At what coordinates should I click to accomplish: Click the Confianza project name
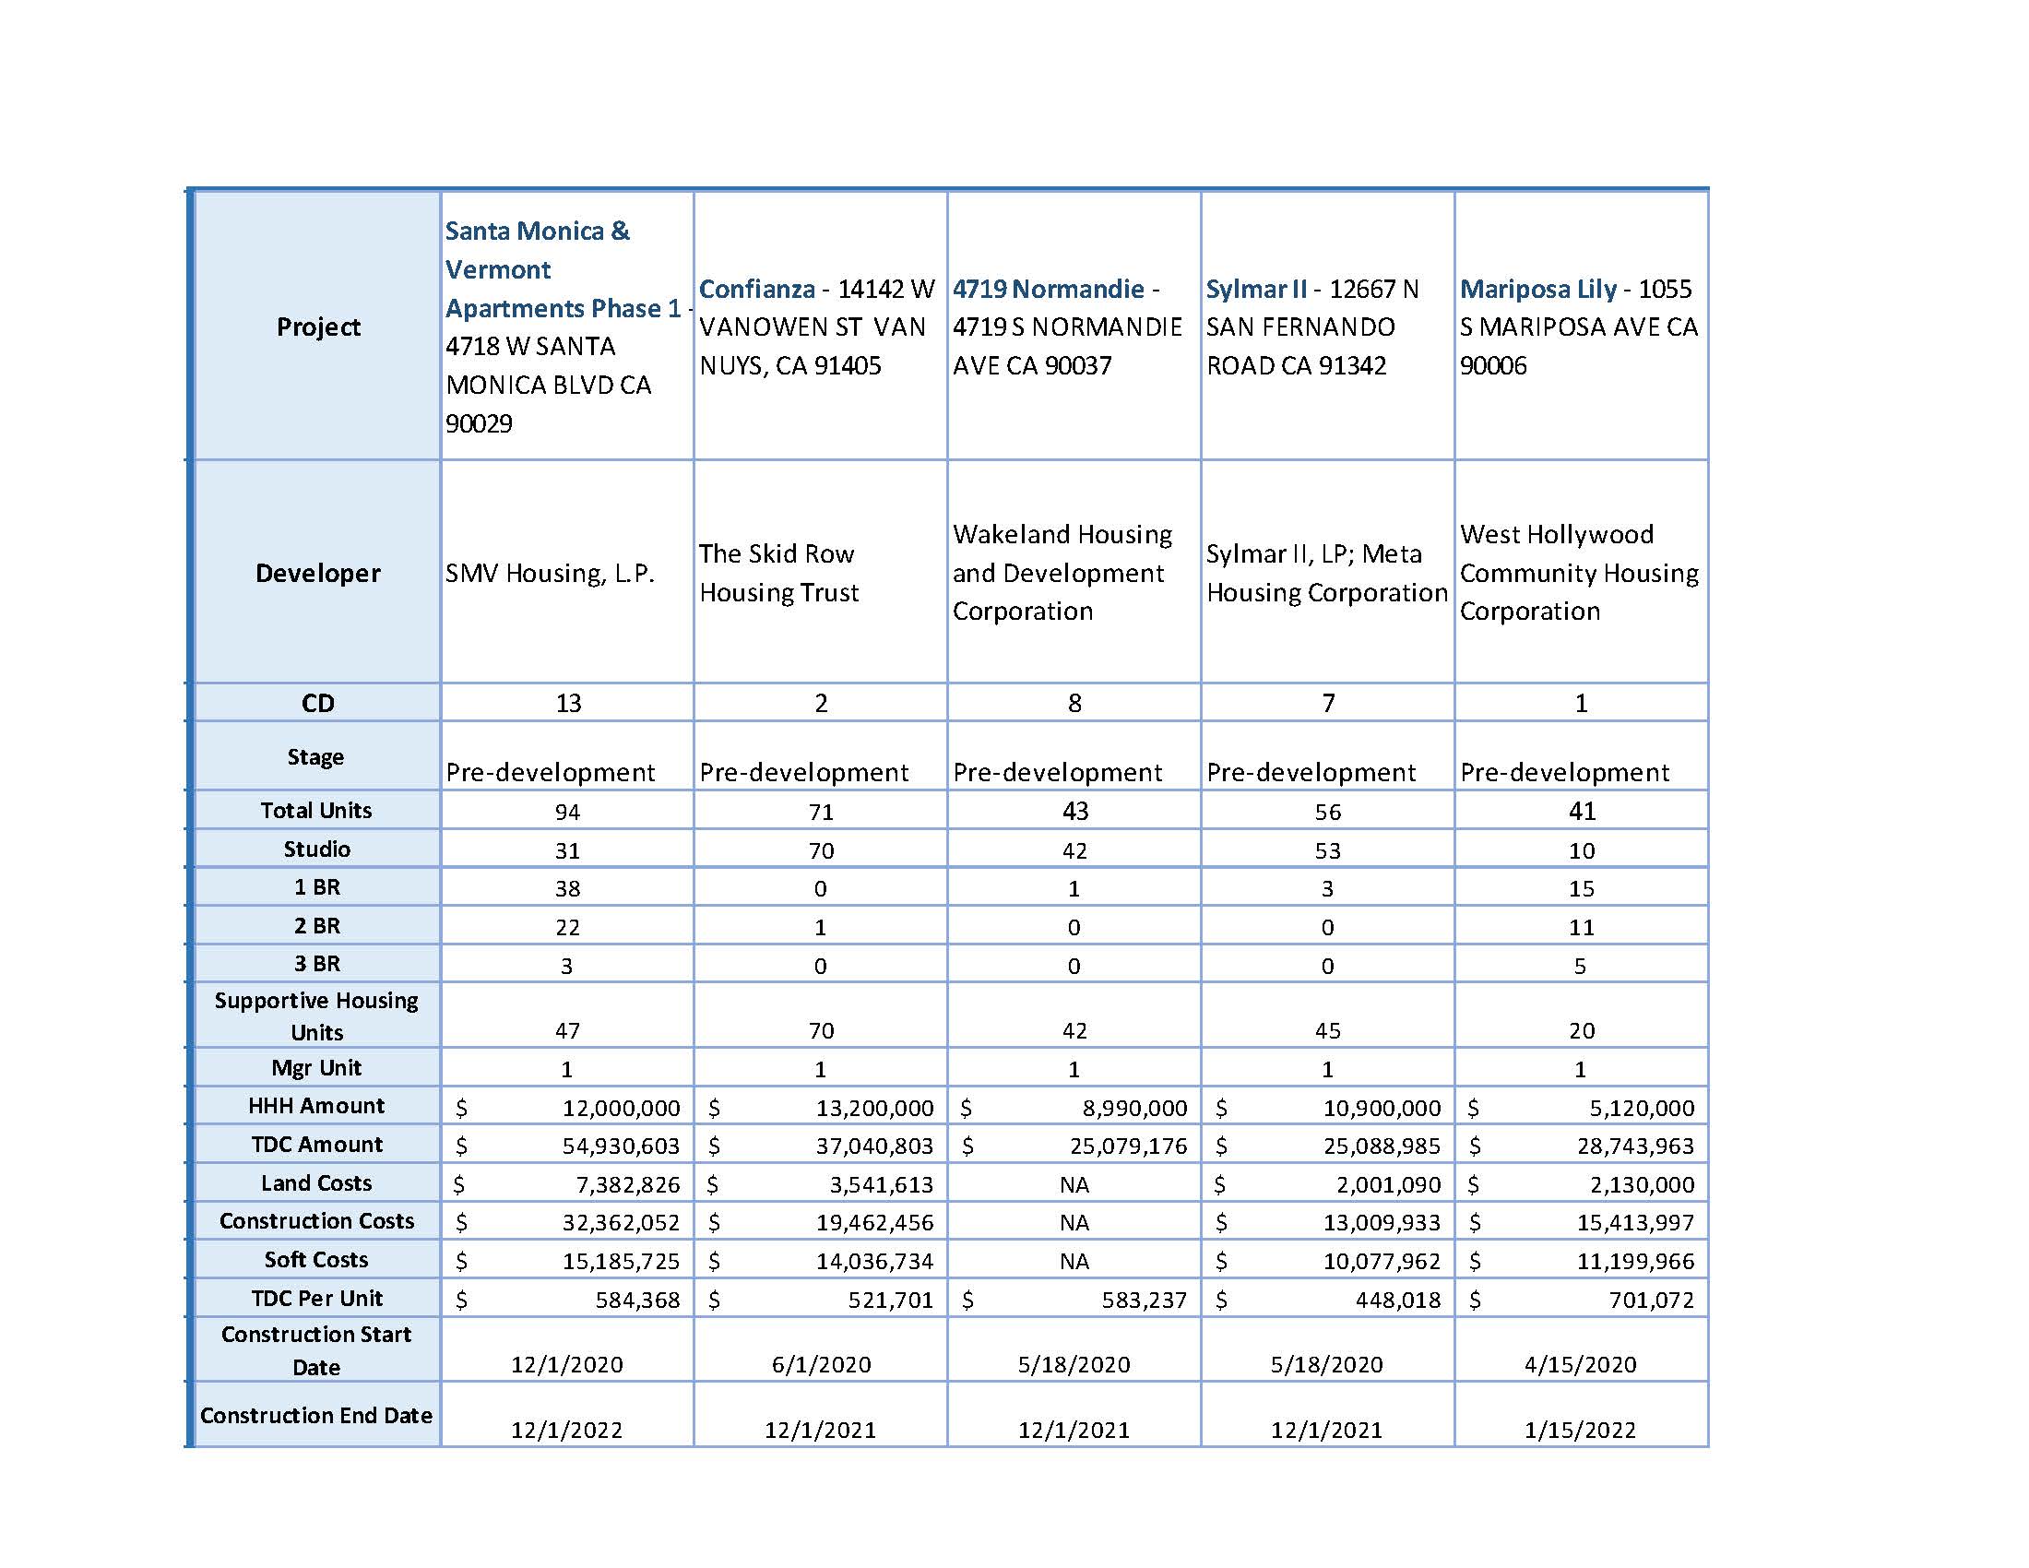click(756, 289)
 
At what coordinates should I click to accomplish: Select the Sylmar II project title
click(1256, 289)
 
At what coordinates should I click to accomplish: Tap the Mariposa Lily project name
click(1537, 289)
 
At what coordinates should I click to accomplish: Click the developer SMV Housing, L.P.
click(550, 573)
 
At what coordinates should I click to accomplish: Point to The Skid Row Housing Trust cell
click(778, 573)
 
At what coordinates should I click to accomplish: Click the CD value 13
click(567, 703)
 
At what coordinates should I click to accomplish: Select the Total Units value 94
click(567, 812)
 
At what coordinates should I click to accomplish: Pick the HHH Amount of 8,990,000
click(1134, 1107)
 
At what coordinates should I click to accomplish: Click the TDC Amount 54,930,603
click(621, 1146)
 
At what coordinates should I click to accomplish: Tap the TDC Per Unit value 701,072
click(1651, 1300)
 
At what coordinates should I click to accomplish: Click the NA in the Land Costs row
click(1074, 1184)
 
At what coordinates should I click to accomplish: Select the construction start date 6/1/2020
click(821, 1364)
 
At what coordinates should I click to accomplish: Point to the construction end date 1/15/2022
click(1580, 1430)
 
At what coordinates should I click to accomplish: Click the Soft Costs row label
click(315, 1260)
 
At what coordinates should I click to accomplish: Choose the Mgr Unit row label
click(315, 1068)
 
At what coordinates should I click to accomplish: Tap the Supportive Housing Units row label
click(315, 1016)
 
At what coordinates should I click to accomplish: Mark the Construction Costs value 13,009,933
click(1382, 1222)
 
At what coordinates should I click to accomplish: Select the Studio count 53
click(1327, 851)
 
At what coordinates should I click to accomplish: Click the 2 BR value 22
click(567, 927)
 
